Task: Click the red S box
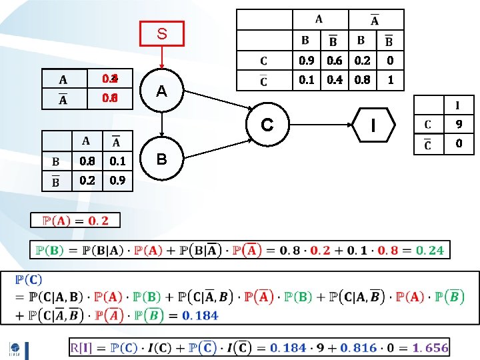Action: click(x=162, y=33)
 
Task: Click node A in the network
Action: click(x=162, y=91)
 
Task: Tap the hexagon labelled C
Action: click(x=267, y=125)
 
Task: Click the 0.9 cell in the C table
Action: click(x=307, y=61)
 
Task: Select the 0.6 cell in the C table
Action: click(x=335, y=61)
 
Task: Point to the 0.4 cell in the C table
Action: click(x=335, y=80)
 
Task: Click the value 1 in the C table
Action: click(x=391, y=80)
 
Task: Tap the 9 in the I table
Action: click(x=459, y=124)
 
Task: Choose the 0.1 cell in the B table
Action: click(x=117, y=161)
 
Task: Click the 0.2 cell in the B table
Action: click(x=87, y=181)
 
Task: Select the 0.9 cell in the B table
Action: click(x=117, y=181)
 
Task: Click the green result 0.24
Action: click(x=429, y=250)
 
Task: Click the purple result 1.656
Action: click(x=430, y=347)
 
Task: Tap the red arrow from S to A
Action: click(x=162, y=58)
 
